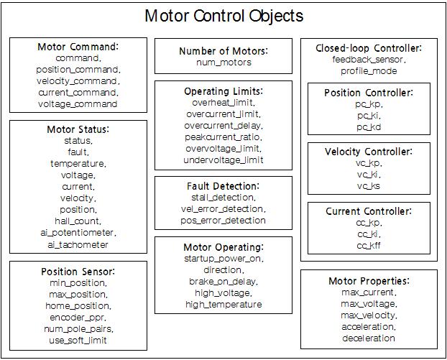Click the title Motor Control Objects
(x=223, y=16)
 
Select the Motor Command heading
(x=78, y=47)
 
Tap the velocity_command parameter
(x=78, y=81)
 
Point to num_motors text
(x=223, y=63)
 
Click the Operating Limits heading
(x=223, y=91)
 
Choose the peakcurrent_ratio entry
(x=223, y=137)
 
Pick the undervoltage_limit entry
(x=223, y=160)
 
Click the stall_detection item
(x=223, y=198)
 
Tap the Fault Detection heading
(x=223, y=186)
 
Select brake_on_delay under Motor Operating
(x=223, y=282)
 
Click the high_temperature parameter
(x=223, y=305)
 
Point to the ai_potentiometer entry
(x=78, y=233)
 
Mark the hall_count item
(x=78, y=221)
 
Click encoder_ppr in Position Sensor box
(x=78, y=317)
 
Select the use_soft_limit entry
(x=78, y=340)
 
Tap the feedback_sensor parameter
(x=369, y=60)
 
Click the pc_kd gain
(x=369, y=127)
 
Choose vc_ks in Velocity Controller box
(x=369, y=186)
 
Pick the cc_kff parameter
(x=369, y=246)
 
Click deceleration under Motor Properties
(x=369, y=338)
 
